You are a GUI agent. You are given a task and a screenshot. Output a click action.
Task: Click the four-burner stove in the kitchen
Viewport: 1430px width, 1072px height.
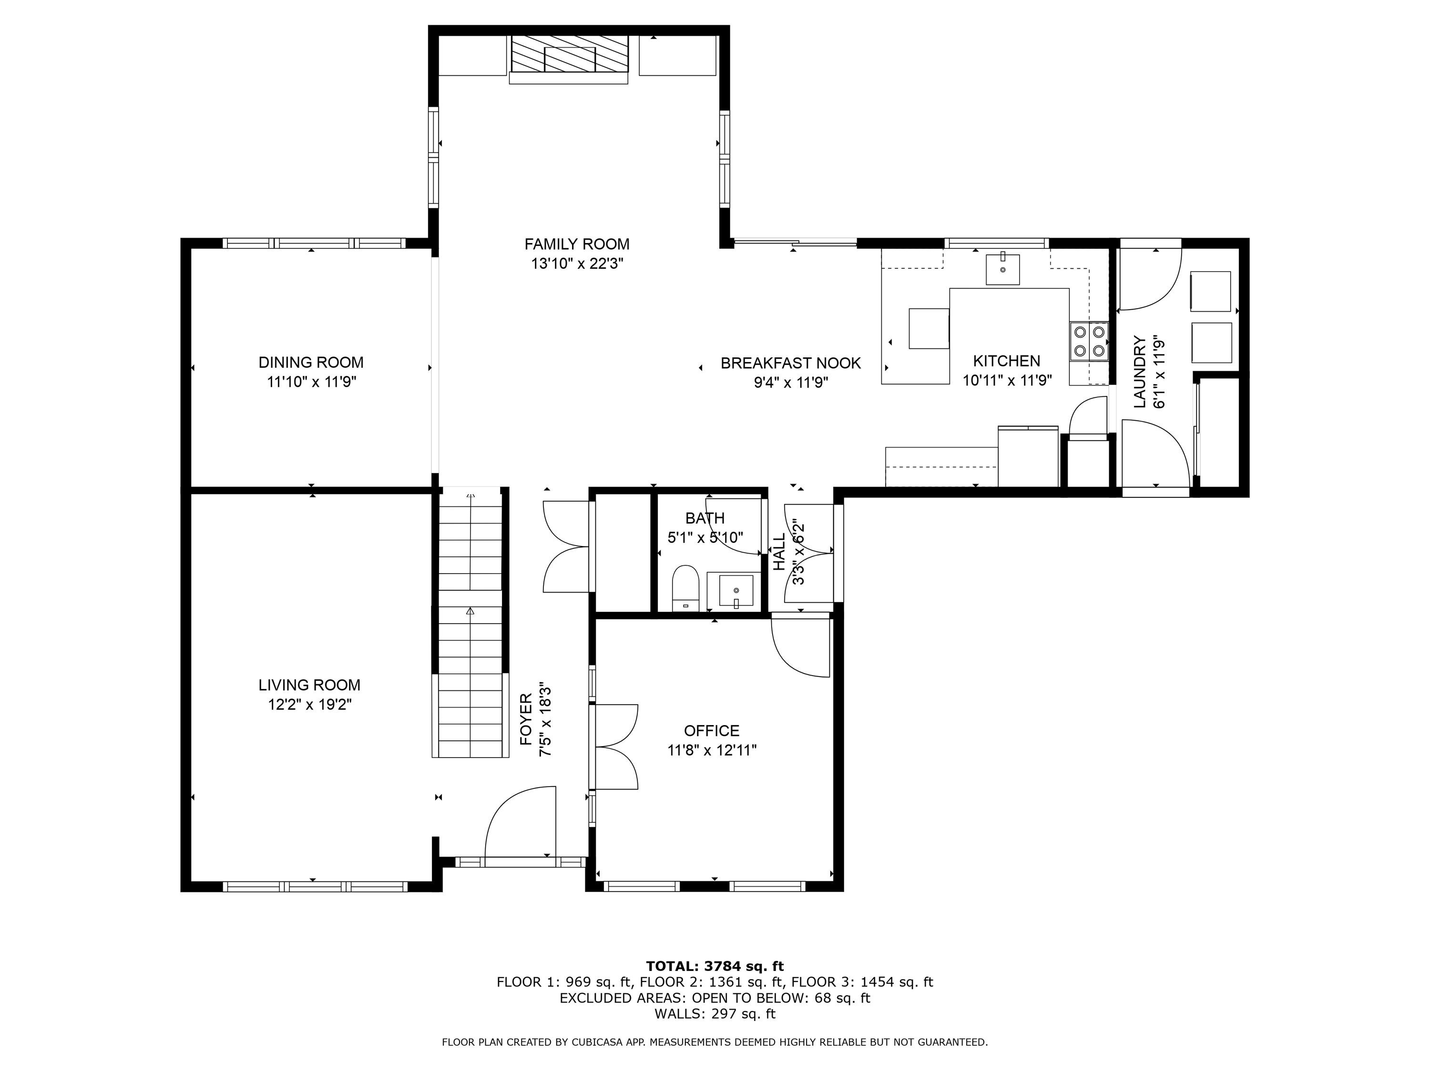tap(1089, 341)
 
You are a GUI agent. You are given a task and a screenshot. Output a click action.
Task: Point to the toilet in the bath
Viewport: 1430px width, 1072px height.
tap(686, 587)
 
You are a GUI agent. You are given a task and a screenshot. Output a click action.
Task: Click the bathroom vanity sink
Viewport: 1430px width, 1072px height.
tap(735, 590)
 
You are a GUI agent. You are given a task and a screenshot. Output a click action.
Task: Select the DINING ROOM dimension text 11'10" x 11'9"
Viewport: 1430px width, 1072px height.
tap(312, 382)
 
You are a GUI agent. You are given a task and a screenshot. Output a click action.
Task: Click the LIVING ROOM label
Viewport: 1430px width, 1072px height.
tap(309, 685)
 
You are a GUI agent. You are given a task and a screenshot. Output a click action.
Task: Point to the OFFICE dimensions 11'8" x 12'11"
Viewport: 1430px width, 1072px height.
tap(711, 750)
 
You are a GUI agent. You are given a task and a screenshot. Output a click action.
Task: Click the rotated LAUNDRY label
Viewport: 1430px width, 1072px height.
tap(1140, 372)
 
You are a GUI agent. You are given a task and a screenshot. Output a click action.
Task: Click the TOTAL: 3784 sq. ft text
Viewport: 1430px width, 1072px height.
tap(715, 966)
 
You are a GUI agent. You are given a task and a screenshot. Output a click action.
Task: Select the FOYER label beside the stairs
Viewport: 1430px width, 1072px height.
tap(526, 718)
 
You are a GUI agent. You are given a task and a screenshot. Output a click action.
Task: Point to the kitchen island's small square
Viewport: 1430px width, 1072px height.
tap(929, 328)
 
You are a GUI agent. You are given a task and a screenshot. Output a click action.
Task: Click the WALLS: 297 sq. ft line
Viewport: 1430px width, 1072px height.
tap(715, 1014)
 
